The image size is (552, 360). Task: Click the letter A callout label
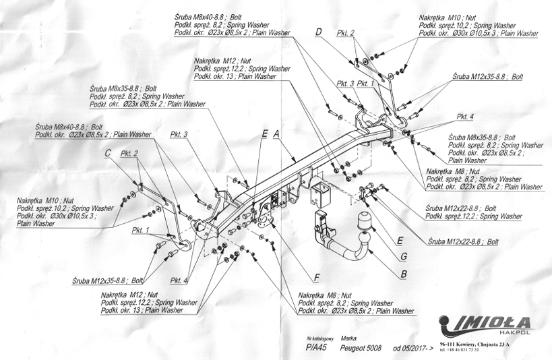[x=277, y=135]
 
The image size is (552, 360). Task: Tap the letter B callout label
[x=403, y=274]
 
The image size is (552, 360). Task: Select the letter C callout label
[x=107, y=154]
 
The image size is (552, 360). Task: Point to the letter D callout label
[x=318, y=31]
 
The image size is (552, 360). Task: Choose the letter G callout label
[x=403, y=256]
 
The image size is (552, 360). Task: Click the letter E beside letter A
[x=265, y=134]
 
